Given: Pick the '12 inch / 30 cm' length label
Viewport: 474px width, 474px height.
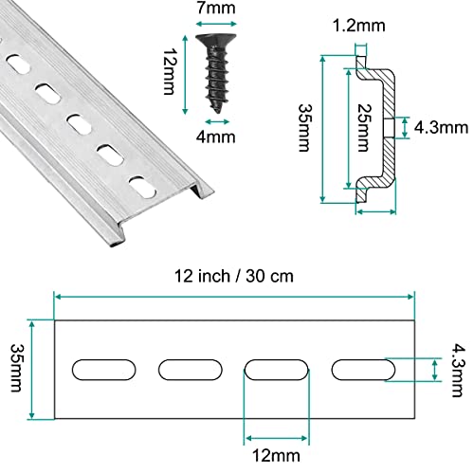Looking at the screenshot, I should tap(234, 276).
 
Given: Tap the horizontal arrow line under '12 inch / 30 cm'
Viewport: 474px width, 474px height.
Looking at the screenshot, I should tap(234, 297).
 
